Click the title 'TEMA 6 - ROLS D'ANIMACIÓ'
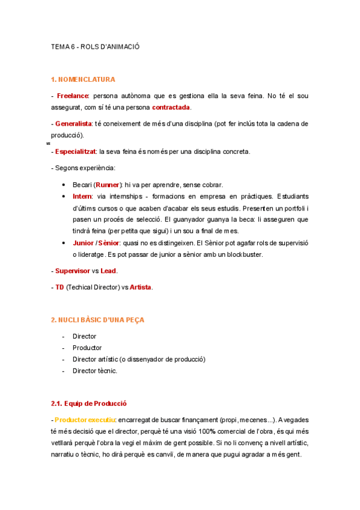point(95,46)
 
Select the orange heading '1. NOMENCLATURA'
point(83,79)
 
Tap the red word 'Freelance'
point(73,96)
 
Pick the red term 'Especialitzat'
point(75,152)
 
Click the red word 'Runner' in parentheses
point(108,185)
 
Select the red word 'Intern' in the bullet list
point(82,197)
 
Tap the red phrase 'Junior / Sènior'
point(96,243)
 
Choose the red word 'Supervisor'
point(75,271)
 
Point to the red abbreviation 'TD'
point(59,287)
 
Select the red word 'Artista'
point(141,287)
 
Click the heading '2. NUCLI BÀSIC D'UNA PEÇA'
point(97,320)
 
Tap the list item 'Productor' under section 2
point(87,348)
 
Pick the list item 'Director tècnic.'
point(95,371)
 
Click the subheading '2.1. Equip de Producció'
point(89,403)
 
